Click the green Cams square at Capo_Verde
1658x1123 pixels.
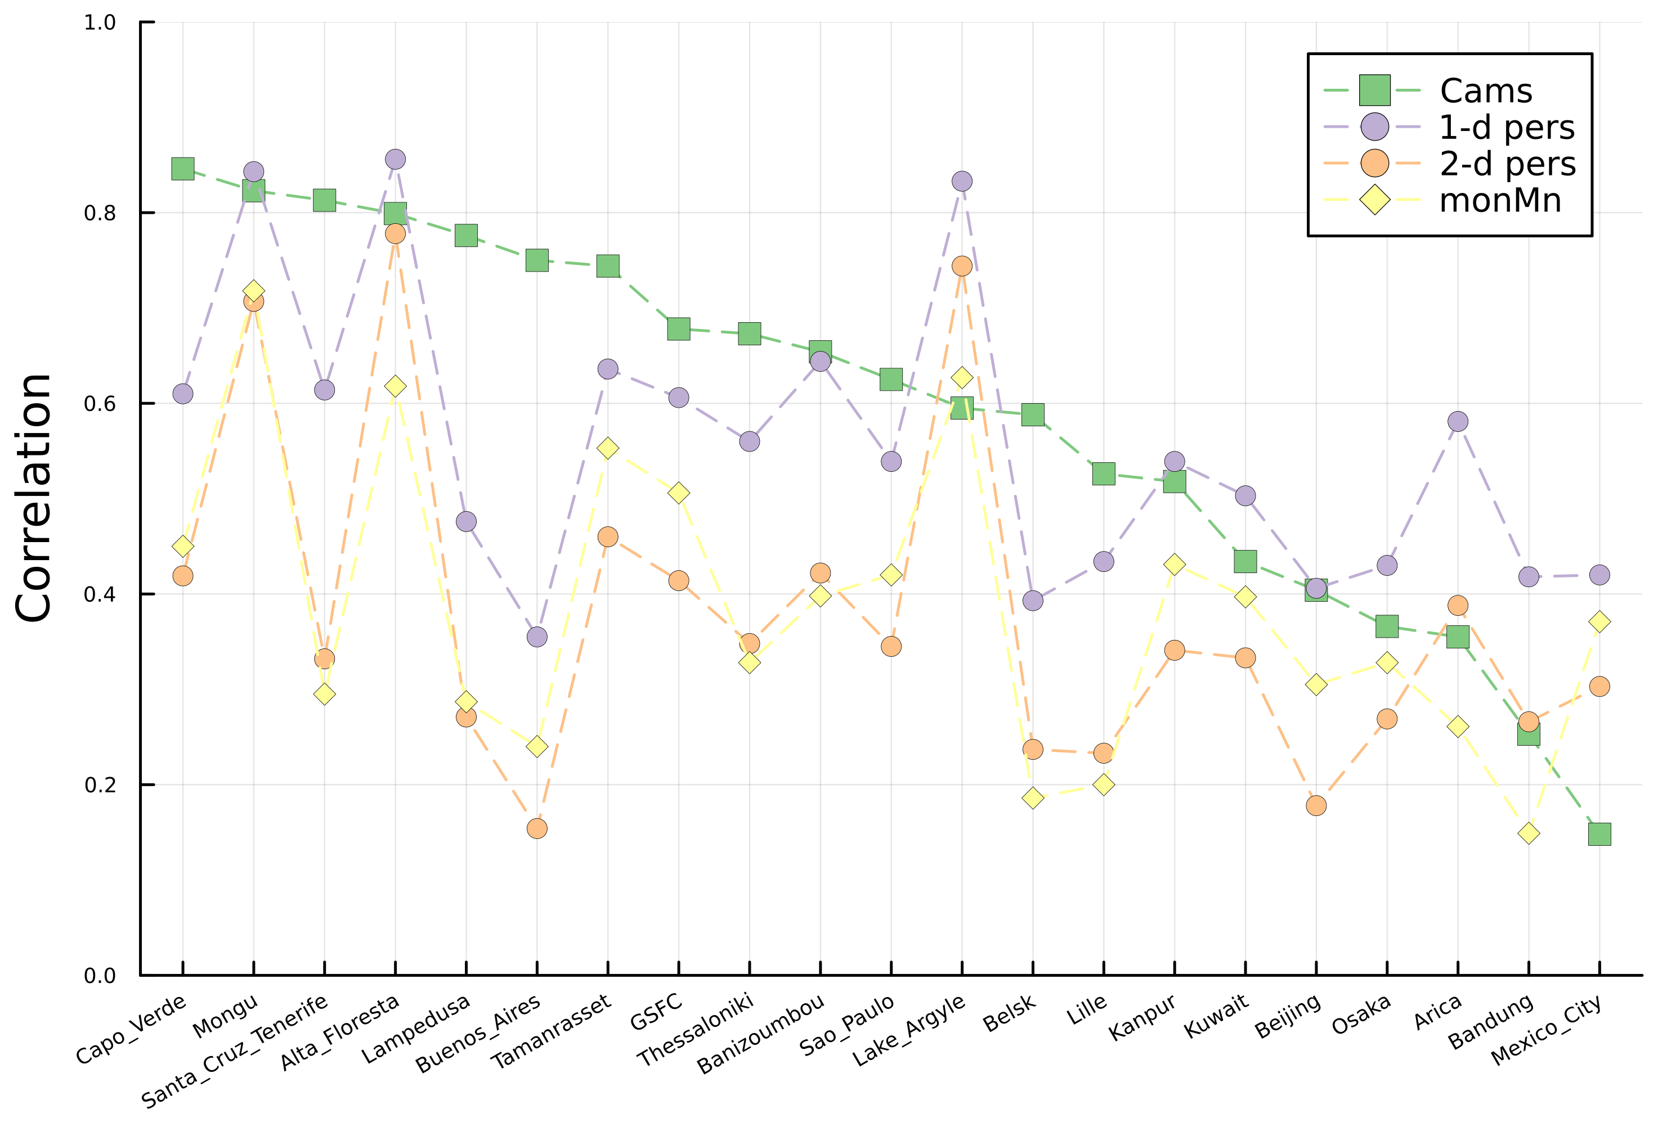click(x=183, y=169)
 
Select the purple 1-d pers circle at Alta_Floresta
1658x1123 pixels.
click(x=395, y=159)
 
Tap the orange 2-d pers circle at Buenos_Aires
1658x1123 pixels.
click(x=537, y=828)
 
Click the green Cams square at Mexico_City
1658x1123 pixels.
click(x=1599, y=834)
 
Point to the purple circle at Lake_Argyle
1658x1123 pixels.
click(x=962, y=181)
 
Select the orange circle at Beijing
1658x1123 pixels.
click(x=1316, y=806)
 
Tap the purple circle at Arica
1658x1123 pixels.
click(x=1458, y=421)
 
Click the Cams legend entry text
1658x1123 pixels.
click(x=1486, y=91)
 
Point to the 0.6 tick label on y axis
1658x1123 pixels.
click(x=99, y=404)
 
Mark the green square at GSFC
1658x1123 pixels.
click(x=679, y=330)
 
